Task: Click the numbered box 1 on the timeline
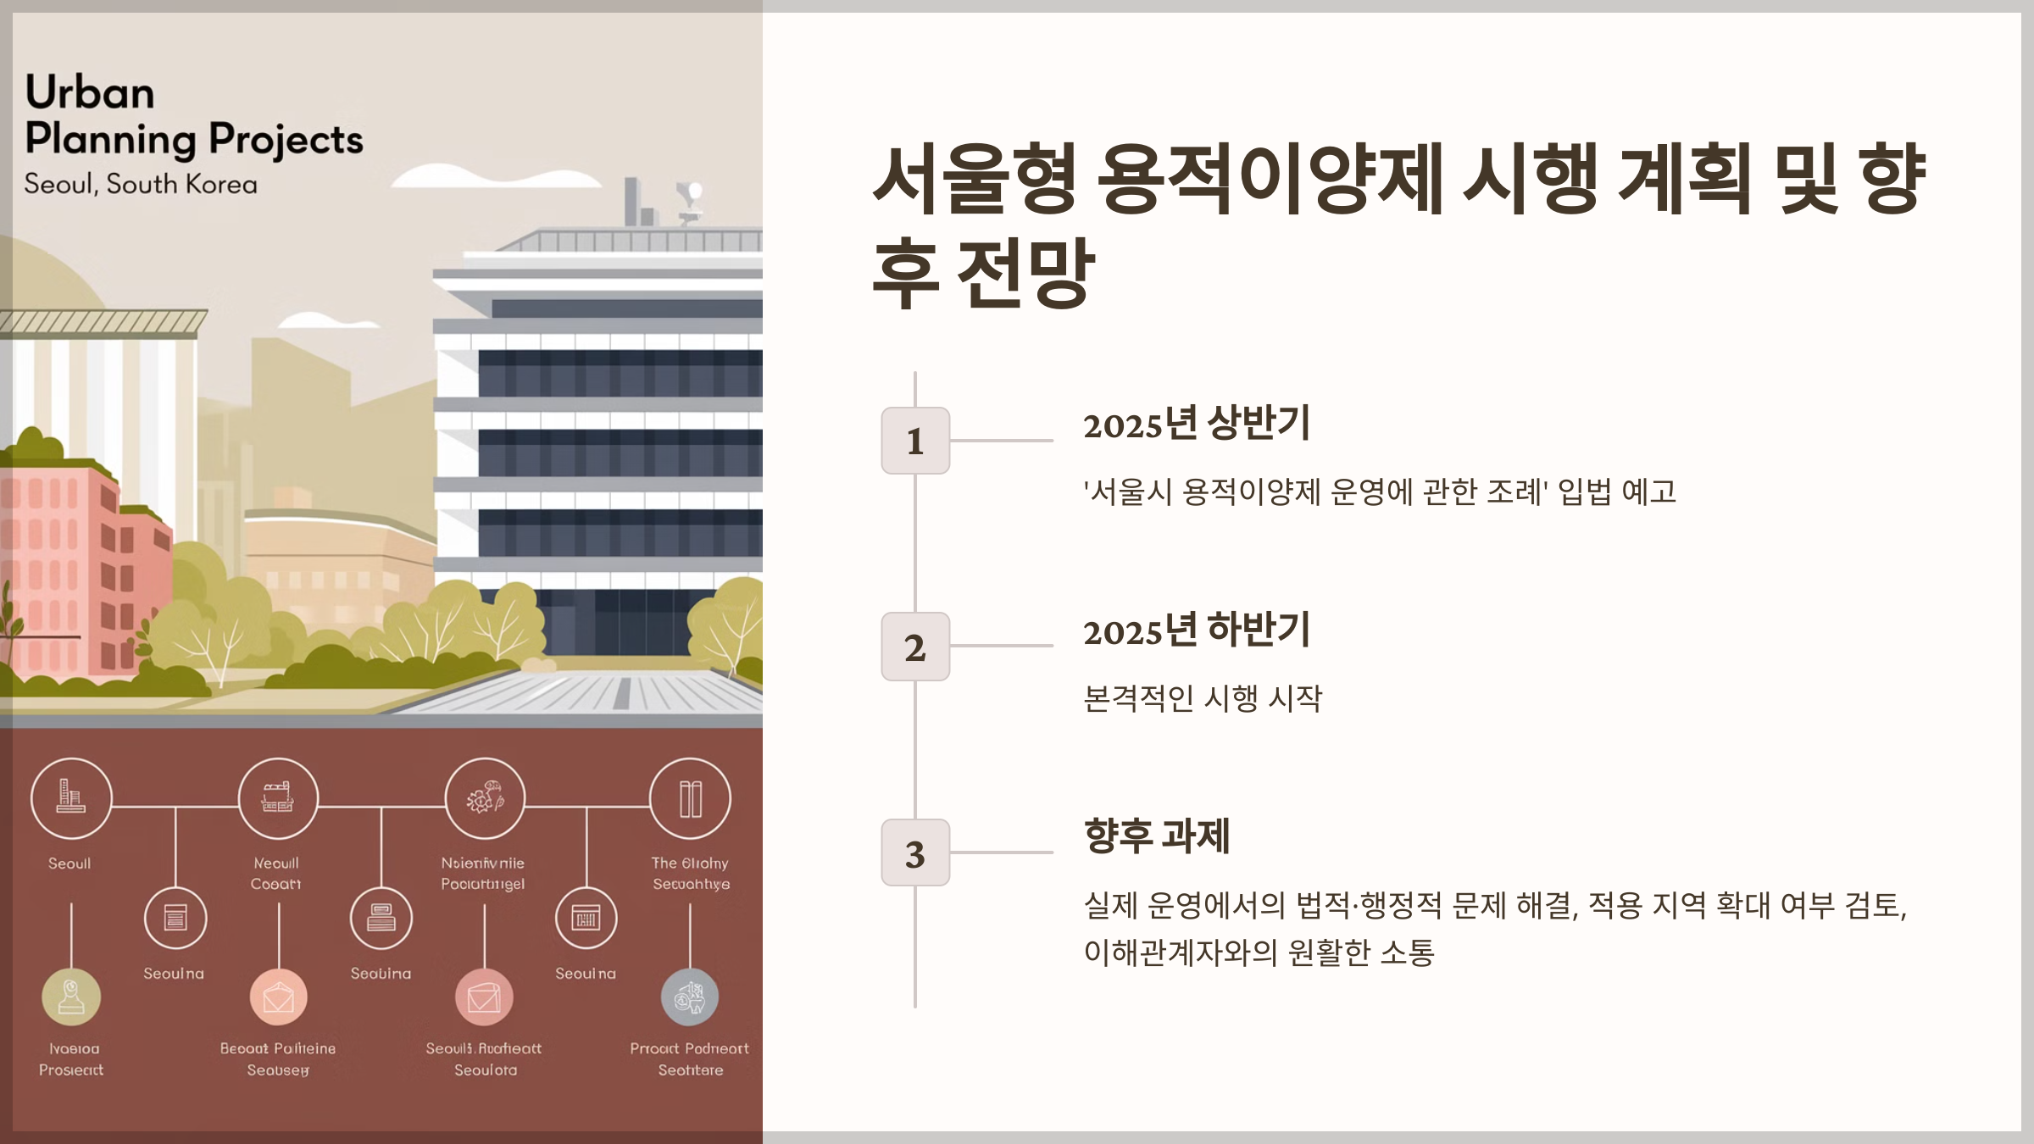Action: [915, 441]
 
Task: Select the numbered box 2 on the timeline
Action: [915, 647]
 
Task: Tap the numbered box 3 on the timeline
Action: [915, 852]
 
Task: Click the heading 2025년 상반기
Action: [1196, 423]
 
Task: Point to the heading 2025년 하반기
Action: [1196, 630]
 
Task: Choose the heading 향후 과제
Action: [1157, 836]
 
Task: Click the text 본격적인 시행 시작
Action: [1203, 698]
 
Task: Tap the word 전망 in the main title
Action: [1025, 273]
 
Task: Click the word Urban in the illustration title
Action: [90, 92]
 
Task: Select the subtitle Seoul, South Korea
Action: [141, 184]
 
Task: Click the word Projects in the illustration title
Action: [286, 140]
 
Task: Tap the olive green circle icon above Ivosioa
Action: [71, 997]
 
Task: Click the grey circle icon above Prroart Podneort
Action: [690, 997]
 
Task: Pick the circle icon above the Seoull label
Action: [71, 798]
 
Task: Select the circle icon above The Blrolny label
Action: [690, 798]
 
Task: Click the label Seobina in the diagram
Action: [381, 974]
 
